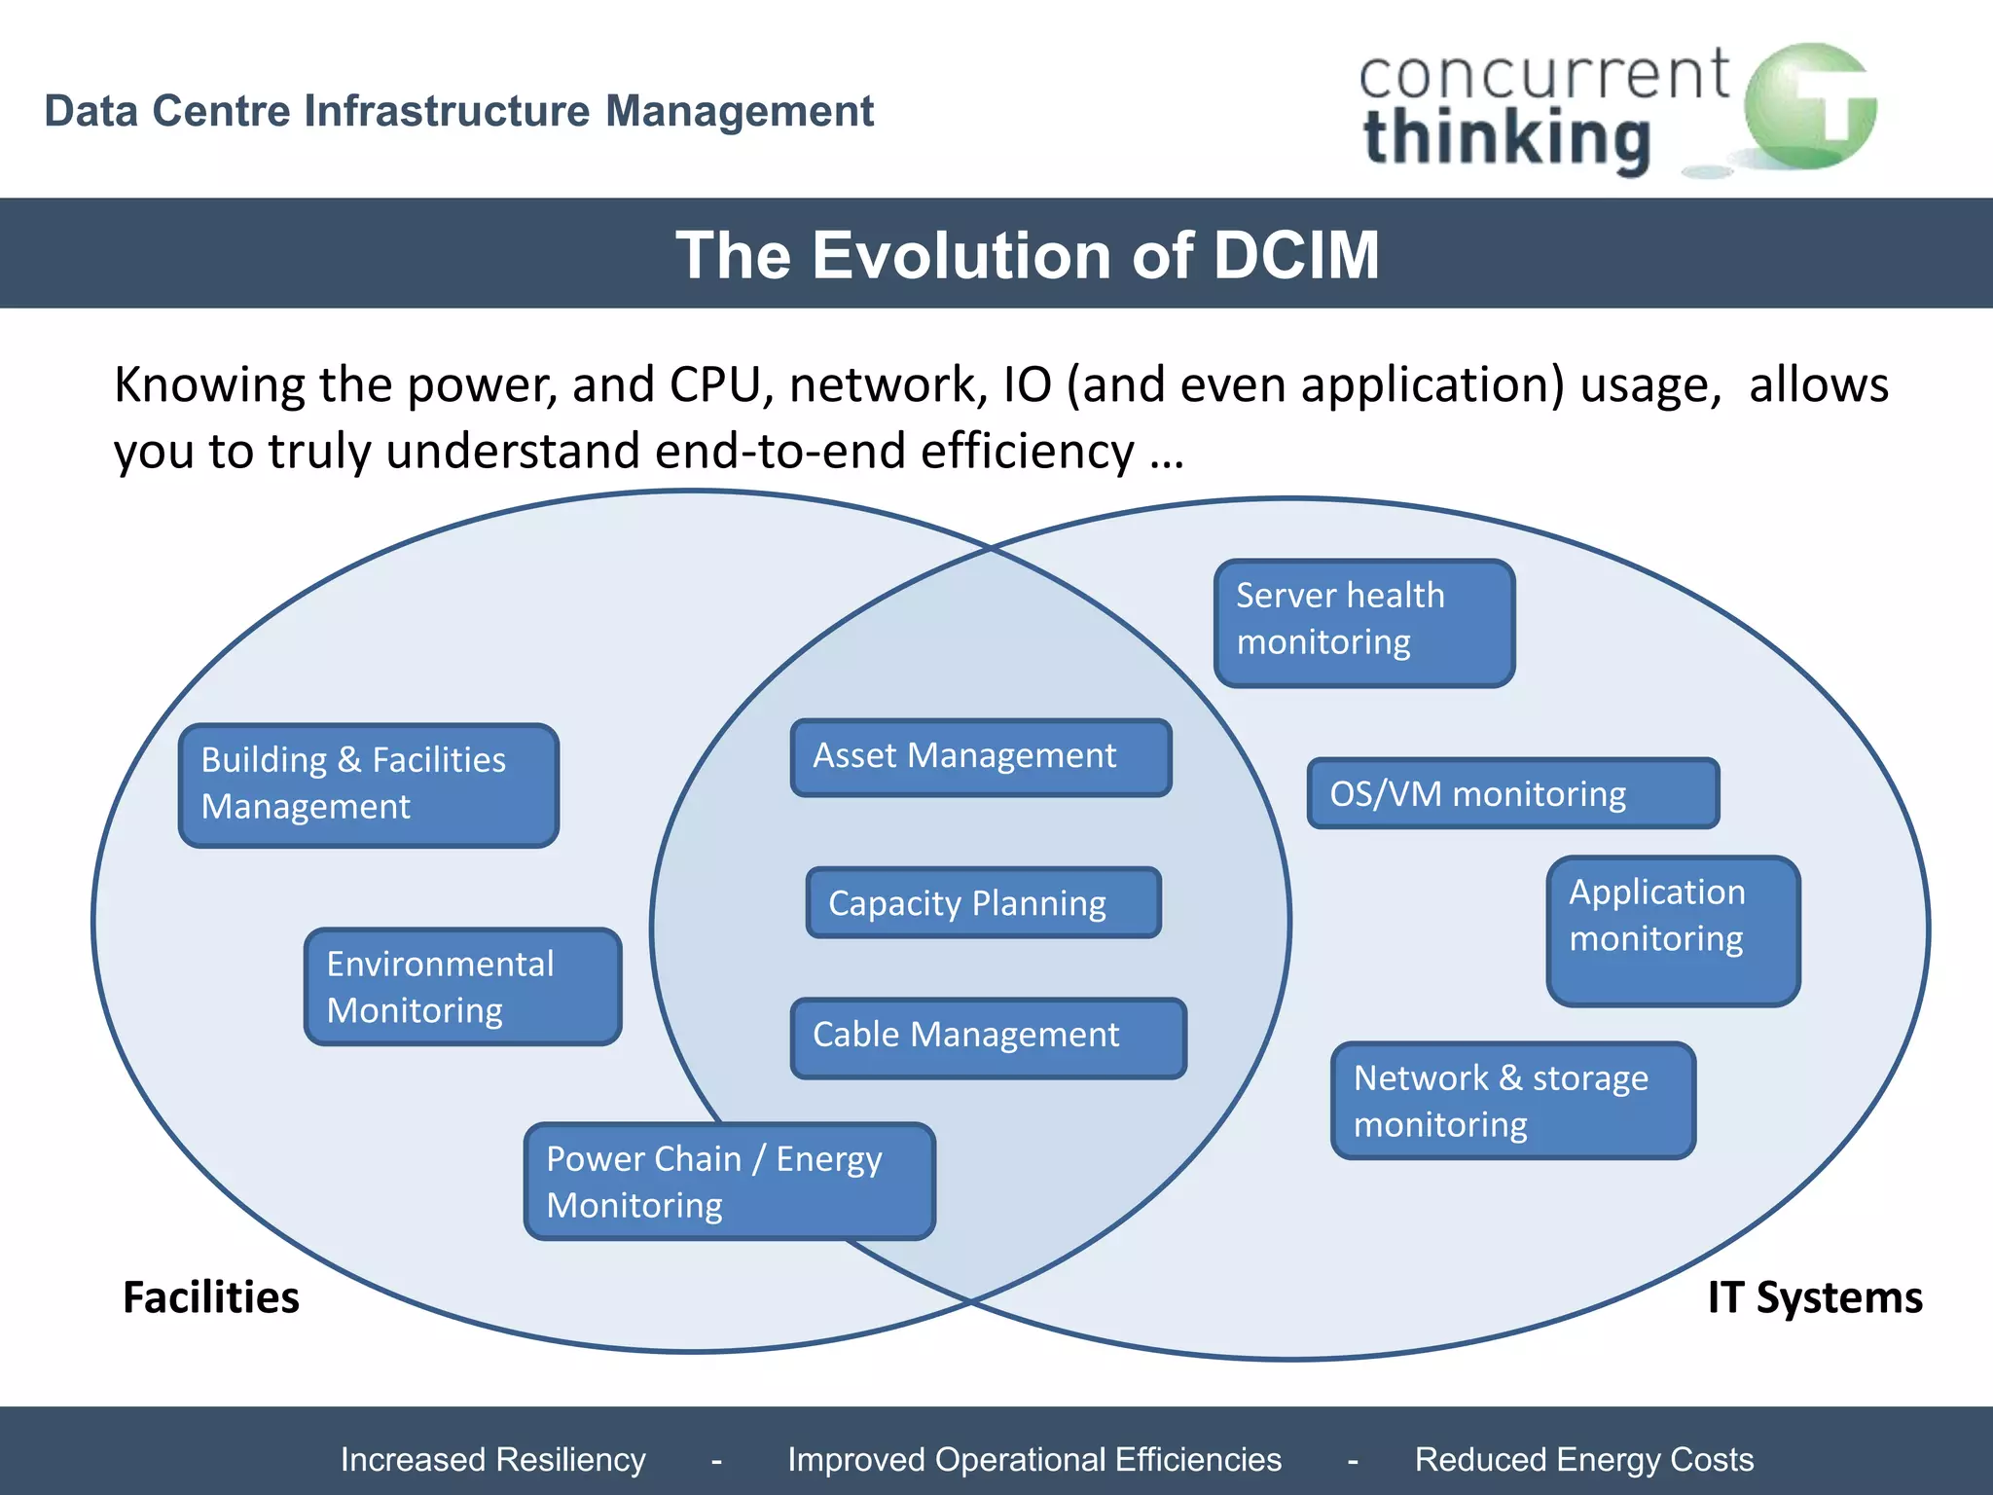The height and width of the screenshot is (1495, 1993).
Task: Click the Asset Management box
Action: (981, 757)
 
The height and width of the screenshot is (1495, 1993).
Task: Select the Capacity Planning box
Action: (984, 903)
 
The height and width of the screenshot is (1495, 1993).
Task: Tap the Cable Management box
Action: (988, 1038)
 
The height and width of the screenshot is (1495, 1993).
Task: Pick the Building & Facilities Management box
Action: (369, 784)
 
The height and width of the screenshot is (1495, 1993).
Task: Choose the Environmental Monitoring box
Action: (462, 987)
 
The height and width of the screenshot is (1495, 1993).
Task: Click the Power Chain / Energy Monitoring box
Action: (729, 1182)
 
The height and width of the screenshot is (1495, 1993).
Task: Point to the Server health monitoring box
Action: (1364, 623)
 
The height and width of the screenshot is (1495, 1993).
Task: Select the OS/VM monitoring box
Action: (1512, 793)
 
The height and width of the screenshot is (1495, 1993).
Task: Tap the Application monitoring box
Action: (1673, 930)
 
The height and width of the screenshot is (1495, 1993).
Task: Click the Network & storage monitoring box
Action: (1513, 1101)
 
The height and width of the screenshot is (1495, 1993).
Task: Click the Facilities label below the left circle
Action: (211, 1297)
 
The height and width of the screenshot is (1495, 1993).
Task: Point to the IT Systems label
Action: (1815, 1297)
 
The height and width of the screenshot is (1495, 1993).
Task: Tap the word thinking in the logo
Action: (1506, 139)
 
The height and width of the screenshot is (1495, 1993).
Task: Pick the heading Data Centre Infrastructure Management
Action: (459, 111)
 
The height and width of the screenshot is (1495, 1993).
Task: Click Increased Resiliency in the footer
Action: (493, 1459)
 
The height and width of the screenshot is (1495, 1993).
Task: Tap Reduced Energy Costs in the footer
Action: (1583, 1459)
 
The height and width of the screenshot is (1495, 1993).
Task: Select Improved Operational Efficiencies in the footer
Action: (1034, 1459)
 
